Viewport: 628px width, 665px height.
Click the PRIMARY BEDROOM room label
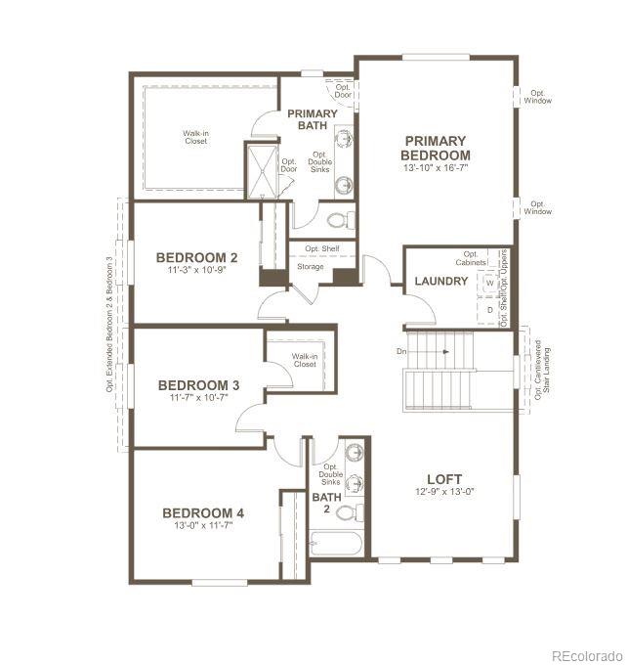[436, 148]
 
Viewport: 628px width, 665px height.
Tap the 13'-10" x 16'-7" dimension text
[436, 168]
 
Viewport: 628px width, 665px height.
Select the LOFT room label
[444, 479]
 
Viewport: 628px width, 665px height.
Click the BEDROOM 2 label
[197, 258]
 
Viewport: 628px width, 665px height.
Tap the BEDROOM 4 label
[203, 513]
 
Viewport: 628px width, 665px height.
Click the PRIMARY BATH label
[312, 119]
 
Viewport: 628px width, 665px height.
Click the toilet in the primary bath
[337, 219]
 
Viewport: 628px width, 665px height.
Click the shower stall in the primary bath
[260, 172]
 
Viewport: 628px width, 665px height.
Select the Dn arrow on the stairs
[431, 351]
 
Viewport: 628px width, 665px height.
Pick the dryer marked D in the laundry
[489, 308]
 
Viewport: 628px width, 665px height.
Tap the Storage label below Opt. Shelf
[311, 266]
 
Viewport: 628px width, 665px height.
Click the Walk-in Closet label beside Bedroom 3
[304, 361]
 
